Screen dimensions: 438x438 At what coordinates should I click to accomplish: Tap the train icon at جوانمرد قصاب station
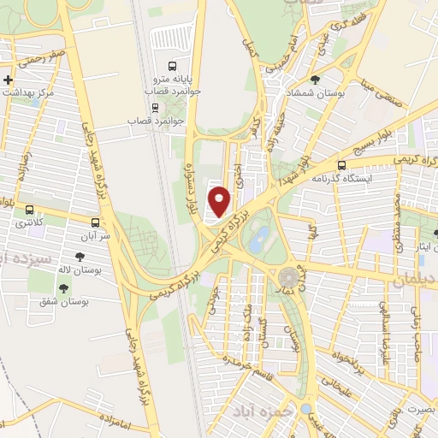coord(155,107)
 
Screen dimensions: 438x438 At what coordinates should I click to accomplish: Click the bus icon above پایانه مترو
coord(172,65)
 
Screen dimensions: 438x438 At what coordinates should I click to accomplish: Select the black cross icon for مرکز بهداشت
coord(8,80)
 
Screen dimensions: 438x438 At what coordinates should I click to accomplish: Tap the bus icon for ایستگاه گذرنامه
coord(342,166)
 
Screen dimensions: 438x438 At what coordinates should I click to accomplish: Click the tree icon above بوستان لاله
coord(80,256)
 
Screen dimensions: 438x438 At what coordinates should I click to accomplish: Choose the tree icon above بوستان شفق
coord(63,287)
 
